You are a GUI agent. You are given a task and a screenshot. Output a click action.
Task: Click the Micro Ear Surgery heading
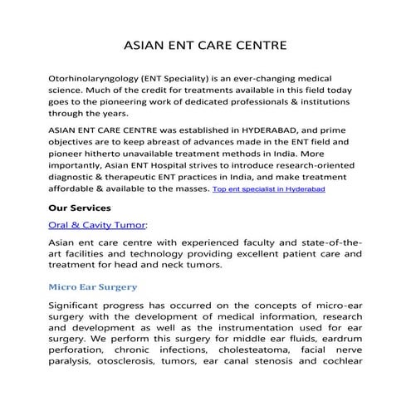(x=93, y=286)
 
